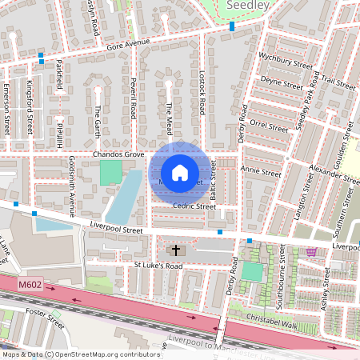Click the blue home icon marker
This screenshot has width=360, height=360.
tap(180, 173)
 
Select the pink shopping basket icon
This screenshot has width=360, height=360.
tap(310, 251)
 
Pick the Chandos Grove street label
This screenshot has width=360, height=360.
tap(118, 154)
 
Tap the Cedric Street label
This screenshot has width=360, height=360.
tap(194, 206)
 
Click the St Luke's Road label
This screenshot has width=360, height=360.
tap(158, 266)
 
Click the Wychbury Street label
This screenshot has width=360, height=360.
tap(285, 62)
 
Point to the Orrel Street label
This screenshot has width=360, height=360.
tap(268, 125)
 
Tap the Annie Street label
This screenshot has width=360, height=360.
tap(262, 170)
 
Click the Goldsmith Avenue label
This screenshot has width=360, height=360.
tap(71, 187)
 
